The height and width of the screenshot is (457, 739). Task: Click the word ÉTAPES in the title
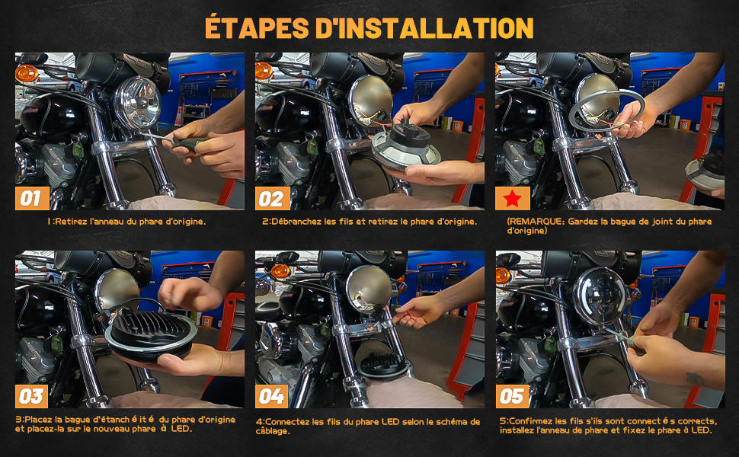click(258, 27)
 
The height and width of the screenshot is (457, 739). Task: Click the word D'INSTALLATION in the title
click(424, 27)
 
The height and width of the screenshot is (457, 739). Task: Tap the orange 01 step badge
click(32, 198)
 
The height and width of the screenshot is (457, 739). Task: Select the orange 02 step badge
click(273, 198)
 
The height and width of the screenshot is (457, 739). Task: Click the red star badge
click(512, 198)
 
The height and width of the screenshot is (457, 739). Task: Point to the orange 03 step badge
click(31, 396)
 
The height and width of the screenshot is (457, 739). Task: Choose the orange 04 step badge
click(272, 396)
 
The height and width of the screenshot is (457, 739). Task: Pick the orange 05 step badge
click(512, 396)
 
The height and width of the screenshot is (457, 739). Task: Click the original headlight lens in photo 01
click(138, 103)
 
